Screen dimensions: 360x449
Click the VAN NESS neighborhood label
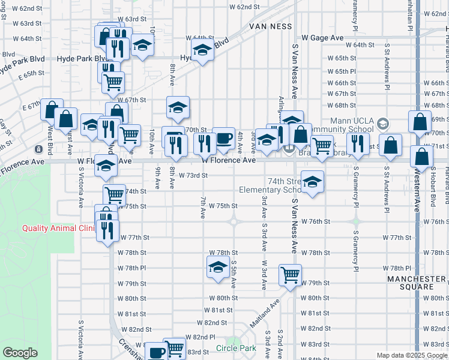pos(271,26)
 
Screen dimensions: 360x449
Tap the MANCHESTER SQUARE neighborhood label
pos(417,283)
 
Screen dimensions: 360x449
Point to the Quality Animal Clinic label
pos(59,228)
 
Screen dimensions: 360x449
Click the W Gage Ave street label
pos(322,38)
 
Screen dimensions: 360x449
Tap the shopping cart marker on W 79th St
pos(290,275)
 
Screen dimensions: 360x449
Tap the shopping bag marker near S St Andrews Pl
pos(391,145)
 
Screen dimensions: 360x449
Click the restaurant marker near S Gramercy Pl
pos(358,143)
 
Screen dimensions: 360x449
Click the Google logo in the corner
pos(20,353)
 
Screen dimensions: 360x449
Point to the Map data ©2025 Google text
pos(412,355)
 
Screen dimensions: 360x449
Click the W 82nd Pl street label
pos(200,337)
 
